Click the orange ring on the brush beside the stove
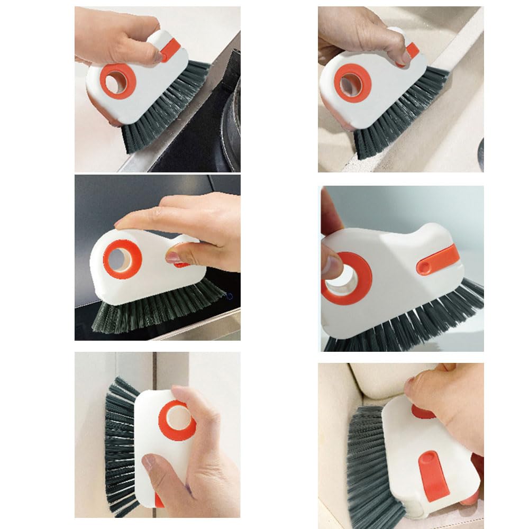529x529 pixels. [118, 81]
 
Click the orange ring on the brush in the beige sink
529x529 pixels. [352, 83]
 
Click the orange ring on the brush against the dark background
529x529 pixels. [122, 259]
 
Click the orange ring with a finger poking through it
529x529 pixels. [346, 278]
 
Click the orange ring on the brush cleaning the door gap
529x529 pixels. [177, 420]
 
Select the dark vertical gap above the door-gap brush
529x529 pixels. [155, 370]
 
